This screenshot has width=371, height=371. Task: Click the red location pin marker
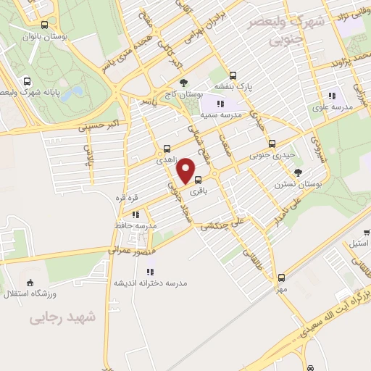click(x=186, y=170)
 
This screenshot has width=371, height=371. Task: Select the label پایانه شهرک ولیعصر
click(x=33, y=93)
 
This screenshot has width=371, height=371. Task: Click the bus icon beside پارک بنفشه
click(x=233, y=75)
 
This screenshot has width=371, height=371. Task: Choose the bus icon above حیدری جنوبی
click(x=272, y=143)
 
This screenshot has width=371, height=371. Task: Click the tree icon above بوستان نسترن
click(x=298, y=172)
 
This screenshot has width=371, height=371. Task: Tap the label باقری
click(x=198, y=192)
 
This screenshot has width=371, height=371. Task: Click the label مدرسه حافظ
click(x=134, y=225)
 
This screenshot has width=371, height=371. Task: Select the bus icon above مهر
click(x=280, y=278)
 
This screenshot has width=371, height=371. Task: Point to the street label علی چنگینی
click(x=220, y=222)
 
